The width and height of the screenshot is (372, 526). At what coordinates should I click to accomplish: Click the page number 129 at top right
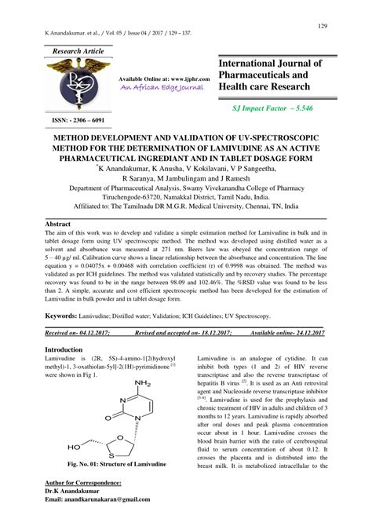(322, 27)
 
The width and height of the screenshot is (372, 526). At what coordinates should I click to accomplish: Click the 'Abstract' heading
(60, 224)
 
